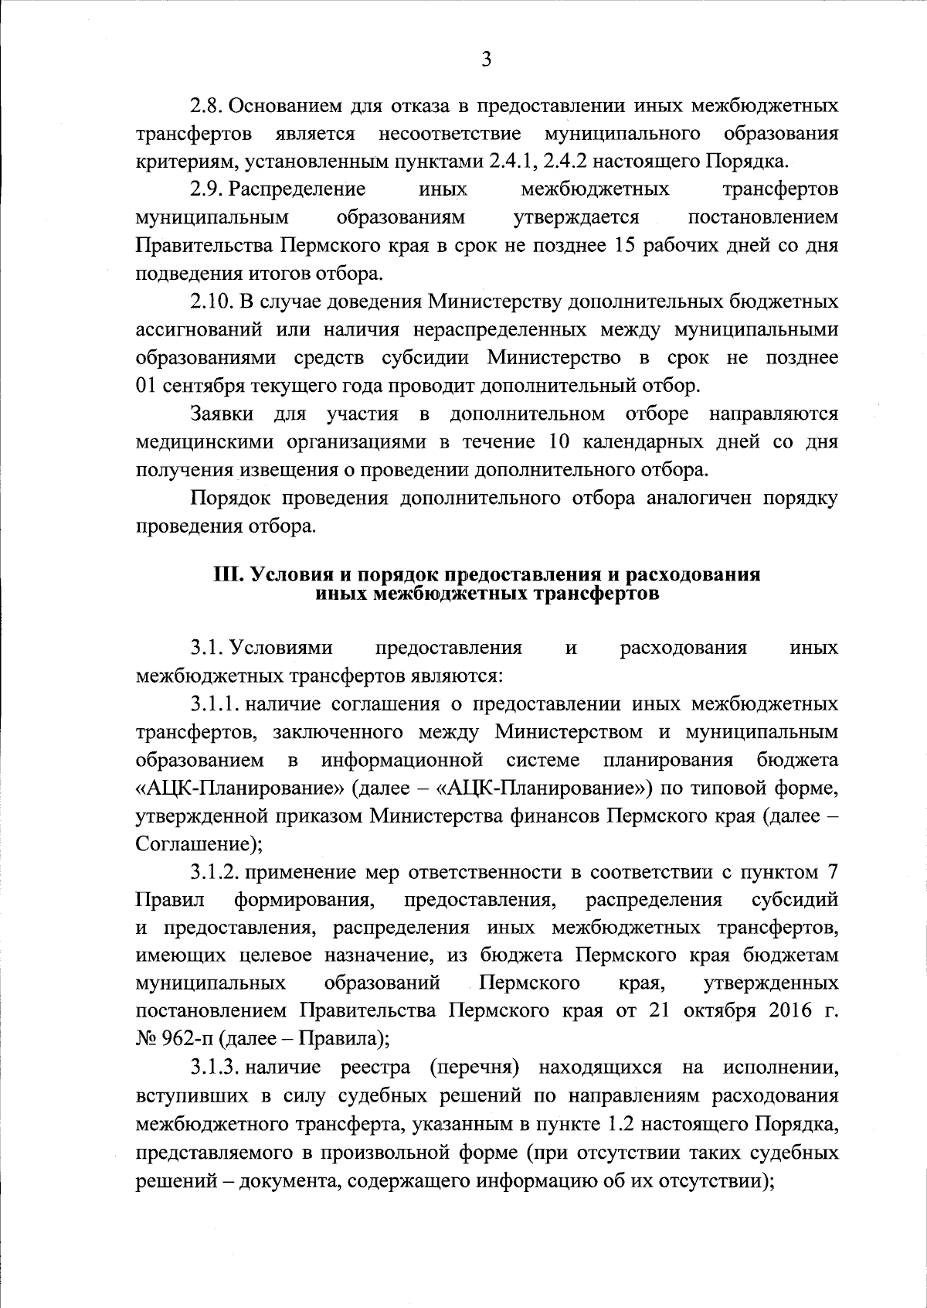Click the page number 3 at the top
[486, 60]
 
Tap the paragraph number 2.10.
[212, 301]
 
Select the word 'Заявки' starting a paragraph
[222, 414]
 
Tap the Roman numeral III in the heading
[229, 575]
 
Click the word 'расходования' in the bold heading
[693, 575]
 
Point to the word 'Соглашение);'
[199, 843]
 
